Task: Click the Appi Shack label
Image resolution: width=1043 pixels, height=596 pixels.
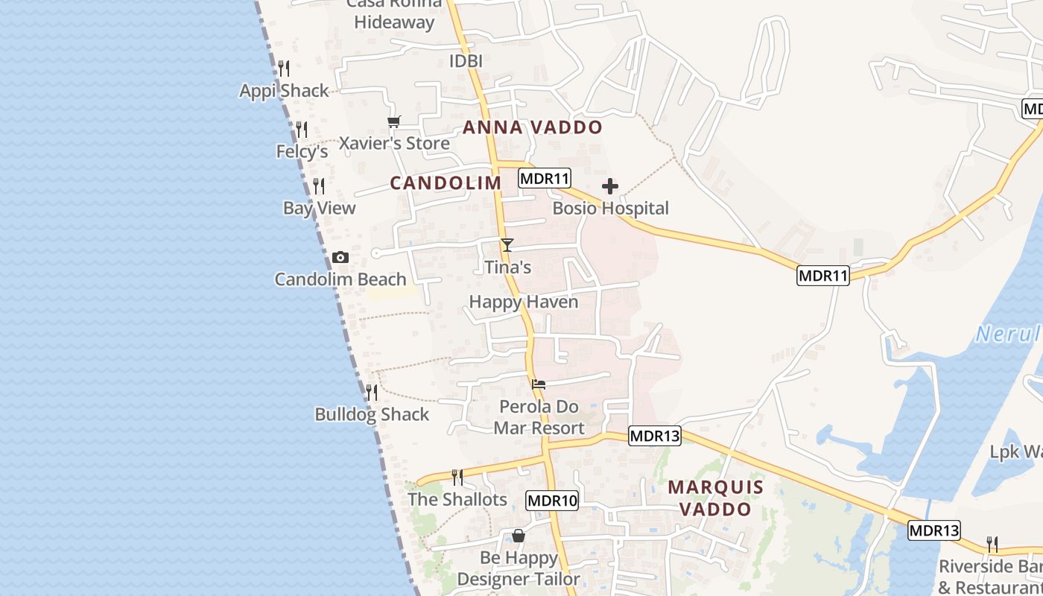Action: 284,91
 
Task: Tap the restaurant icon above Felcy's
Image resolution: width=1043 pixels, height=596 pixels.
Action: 302,130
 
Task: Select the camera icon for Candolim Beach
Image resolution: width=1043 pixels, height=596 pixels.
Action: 340,258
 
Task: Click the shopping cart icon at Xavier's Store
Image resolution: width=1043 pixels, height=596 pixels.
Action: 394,121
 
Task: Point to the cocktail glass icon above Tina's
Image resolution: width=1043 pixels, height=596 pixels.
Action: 507,244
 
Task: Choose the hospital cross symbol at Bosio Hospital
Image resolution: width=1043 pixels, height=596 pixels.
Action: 610,186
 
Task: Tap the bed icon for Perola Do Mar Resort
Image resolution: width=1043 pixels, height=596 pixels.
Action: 539,384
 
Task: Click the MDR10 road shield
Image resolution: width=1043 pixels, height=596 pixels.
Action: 552,501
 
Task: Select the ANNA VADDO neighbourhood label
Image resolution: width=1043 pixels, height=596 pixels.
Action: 532,127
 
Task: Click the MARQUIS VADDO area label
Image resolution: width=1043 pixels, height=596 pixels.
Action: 715,498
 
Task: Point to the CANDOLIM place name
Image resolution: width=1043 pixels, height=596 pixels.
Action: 446,183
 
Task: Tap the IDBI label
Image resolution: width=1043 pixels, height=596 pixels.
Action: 466,61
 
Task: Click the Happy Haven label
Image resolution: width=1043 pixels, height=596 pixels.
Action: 524,302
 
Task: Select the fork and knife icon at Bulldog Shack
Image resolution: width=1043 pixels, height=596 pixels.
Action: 371,392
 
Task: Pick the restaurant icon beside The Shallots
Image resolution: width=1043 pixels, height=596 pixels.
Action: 457,477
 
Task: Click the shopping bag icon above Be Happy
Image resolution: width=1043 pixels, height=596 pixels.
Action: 519,536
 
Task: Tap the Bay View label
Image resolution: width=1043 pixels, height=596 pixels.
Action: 320,209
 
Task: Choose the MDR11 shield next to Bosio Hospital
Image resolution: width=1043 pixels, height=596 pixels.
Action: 545,179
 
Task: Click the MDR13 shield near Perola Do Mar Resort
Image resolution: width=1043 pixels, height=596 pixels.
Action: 655,436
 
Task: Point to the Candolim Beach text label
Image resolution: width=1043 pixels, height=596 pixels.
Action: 340,279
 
